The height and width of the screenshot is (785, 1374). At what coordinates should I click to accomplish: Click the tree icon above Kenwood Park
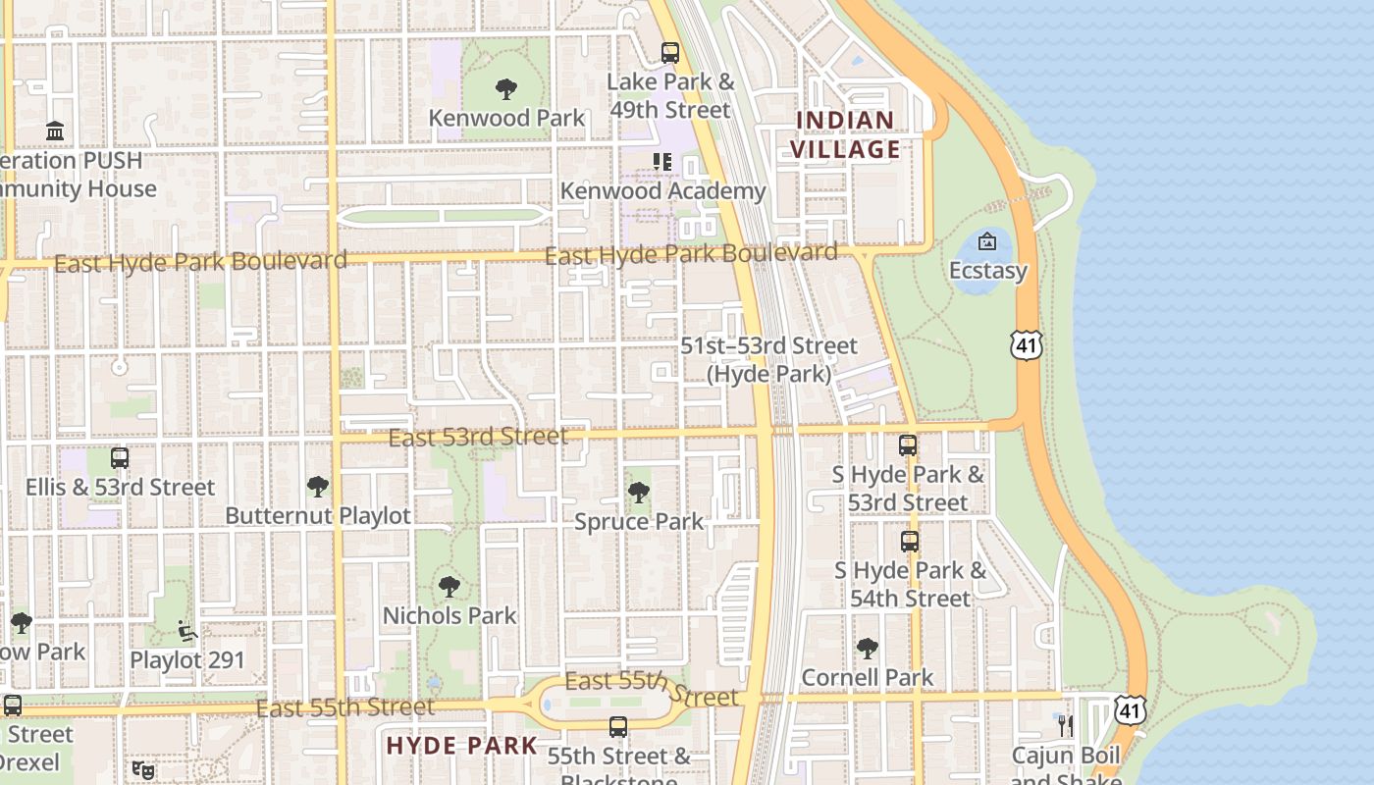pos(506,90)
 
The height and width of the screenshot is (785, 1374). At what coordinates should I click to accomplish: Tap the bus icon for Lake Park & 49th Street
pos(670,53)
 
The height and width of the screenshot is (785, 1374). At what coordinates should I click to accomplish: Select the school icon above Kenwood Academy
pos(662,162)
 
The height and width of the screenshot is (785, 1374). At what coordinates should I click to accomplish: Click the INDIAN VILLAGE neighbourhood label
pos(845,134)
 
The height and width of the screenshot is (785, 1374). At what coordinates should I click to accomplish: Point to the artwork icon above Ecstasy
pos(987,241)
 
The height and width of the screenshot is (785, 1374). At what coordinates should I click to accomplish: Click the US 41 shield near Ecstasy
pos(1026,344)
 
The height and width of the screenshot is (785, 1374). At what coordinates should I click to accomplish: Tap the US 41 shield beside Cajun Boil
pos(1130,709)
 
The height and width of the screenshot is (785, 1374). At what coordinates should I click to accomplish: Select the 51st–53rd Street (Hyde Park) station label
pos(769,360)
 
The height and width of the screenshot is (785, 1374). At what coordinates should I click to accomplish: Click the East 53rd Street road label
pos(478,437)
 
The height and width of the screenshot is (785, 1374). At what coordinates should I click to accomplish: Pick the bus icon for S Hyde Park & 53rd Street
pos(908,445)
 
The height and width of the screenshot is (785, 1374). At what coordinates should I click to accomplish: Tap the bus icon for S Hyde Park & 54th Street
pos(910,541)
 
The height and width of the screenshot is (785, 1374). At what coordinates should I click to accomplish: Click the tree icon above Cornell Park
pos(868,648)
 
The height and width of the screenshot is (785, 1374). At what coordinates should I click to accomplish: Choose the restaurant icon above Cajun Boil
pos(1066,726)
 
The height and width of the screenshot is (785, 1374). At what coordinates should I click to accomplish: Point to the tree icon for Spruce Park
pos(639,493)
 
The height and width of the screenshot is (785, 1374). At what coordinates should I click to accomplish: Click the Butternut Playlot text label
pos(318,515)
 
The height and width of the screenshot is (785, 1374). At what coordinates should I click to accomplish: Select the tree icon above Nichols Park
pos(449,587)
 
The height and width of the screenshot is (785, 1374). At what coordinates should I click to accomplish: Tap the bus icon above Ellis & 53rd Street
pos(120,458)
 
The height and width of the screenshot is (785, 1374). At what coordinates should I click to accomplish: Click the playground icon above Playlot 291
pos(187,631)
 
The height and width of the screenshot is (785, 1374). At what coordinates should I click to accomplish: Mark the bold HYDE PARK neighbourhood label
pos(462,746)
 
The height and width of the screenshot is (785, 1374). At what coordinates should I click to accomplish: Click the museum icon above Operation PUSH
pos(55,131)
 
